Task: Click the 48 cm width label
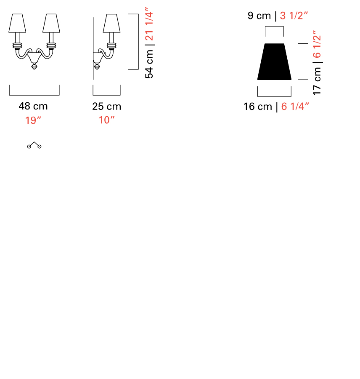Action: tap(33, 106)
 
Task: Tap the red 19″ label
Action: tap(33, 120)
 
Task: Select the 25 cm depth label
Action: tap(106, 107)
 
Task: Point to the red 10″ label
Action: tap(106, 120)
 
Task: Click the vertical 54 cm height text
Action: tap(149, 64)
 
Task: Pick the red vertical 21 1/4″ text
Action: tap(149, 24)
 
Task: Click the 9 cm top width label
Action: tap(259, 16)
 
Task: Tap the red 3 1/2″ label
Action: tap(294, 16)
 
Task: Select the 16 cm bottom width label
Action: tap(258, 107)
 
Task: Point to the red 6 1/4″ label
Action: tap(295, 107)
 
